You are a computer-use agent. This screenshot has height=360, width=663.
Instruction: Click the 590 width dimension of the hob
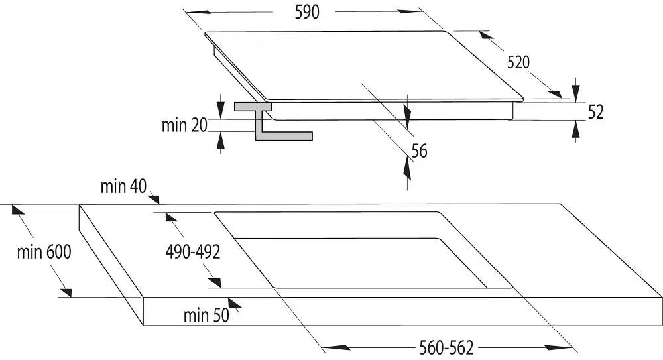(307, 12)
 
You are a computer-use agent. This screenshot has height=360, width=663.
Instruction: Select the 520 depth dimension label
(518, 62)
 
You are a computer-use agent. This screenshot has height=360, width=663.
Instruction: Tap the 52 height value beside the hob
(596, 111)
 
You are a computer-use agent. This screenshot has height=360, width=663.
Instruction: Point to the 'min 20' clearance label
(184, 125)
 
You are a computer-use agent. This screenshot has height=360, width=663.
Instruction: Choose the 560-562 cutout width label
(446, 347)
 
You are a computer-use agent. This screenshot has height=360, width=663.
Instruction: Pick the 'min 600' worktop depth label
(44, 252)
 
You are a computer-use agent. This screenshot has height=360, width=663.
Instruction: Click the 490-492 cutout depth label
(193, 252)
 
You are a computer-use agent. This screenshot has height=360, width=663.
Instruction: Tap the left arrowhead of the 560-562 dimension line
(336, 347)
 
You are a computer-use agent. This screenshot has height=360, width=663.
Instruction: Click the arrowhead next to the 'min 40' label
(154, 198)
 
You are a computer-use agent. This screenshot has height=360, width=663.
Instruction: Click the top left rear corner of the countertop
(80, 204)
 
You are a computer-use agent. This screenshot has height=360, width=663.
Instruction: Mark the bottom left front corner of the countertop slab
(144, 326)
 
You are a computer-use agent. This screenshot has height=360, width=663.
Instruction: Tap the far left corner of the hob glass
(205, 33)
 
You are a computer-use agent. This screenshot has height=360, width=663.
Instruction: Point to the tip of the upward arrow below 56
(407, 157)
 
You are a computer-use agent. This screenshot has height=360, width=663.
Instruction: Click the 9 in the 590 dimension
(307, 12)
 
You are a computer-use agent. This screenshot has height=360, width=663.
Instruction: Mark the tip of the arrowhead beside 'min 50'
(229, 298)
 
